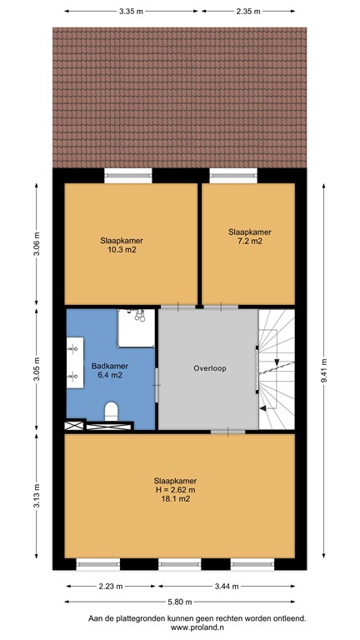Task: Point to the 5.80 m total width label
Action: tap(179, 602)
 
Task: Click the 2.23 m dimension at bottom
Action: tap(109, 586)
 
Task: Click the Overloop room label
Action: tap(209, 368)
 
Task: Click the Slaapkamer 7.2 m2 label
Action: tap(249, 236)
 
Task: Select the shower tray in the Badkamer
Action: tap(137, 327)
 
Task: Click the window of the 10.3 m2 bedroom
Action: tap(127, 176)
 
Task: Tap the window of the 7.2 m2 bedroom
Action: tap(232, 176)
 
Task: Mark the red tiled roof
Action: tap(179, 96)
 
